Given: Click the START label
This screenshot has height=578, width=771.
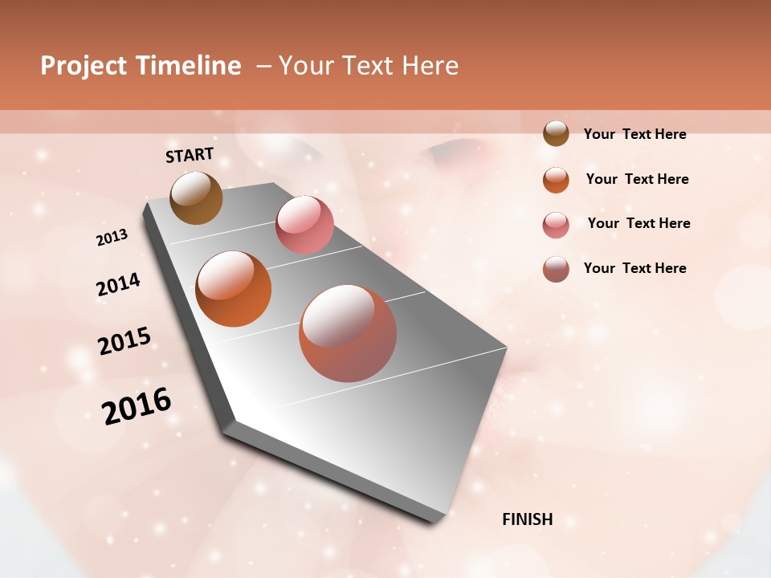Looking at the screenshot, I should [190, 155].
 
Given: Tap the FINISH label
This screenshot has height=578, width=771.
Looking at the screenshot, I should [527, 519].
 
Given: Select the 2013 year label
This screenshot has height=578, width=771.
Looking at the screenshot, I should [112, 238].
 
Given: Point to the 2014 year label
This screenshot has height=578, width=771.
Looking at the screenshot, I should [118, 285].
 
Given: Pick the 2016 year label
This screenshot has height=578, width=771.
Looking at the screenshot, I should [137, 406].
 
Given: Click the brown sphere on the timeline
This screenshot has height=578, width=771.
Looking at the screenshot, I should [197, 197].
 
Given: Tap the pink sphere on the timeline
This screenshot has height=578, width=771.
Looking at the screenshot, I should [304, 225].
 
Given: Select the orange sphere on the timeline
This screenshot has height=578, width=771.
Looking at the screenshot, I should [234, 289].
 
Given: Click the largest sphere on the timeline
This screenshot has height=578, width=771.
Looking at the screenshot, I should [348, 333].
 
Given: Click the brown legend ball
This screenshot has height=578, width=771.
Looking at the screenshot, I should [556, 134].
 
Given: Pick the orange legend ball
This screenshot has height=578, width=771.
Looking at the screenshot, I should [556, 180].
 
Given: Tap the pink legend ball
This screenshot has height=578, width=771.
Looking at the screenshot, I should [556, 225].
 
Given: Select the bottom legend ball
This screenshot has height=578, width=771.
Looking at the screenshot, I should [556, 269].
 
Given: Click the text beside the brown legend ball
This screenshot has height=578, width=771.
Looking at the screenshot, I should [634, 134].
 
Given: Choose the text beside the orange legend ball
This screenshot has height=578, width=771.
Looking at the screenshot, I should [637, 179].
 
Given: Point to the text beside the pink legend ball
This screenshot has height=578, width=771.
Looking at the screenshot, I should [638, 223].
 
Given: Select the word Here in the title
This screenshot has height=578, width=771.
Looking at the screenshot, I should [430, 66].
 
